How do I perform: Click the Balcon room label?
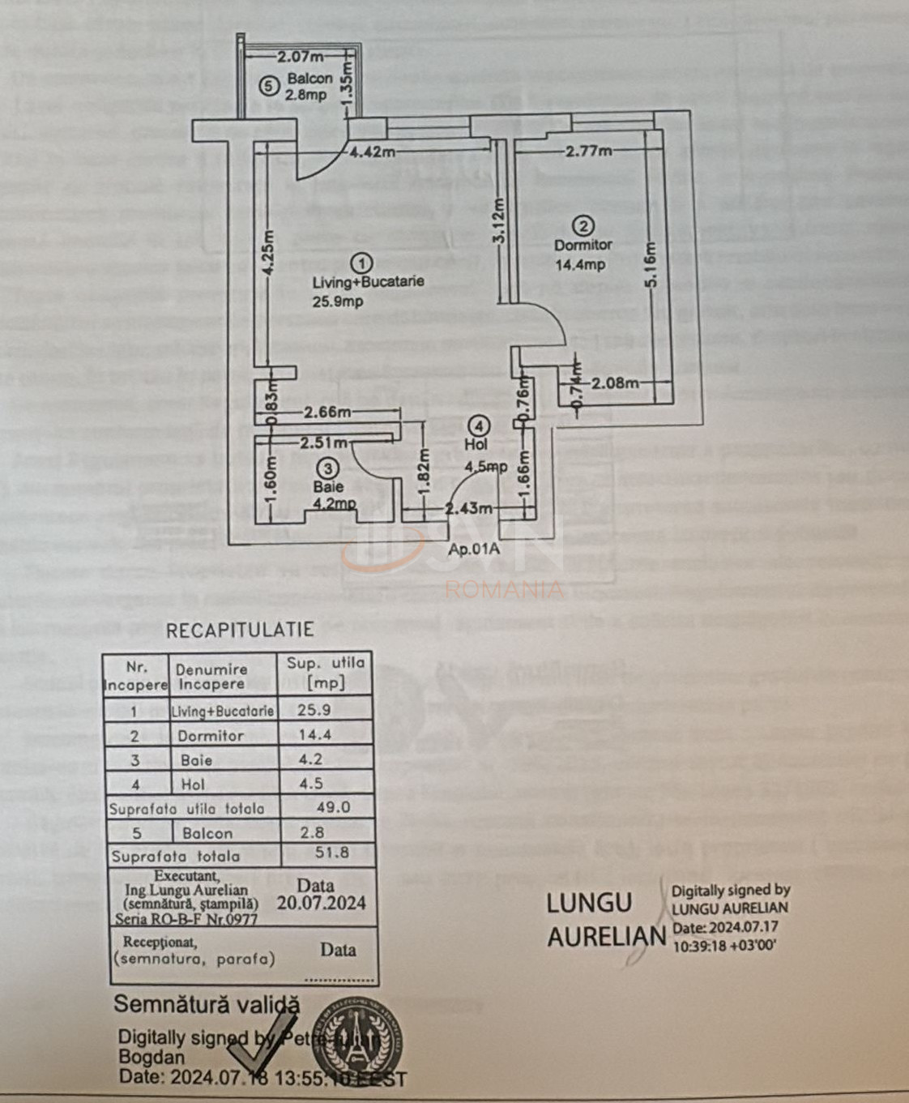point(309,79)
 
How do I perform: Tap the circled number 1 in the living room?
point(362,263)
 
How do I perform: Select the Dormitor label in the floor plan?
point(583,245)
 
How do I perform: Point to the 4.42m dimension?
point(373,152)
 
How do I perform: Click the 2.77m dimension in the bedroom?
point(589,151)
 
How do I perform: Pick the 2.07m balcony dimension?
point(300,57)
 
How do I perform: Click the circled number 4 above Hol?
point(480,425)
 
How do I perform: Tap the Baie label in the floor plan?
point(328,486)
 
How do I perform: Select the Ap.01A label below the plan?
point(474,549)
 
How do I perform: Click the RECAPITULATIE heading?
point(240,630)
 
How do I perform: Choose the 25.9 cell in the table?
point(314,710)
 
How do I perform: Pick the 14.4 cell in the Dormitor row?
point(315,735)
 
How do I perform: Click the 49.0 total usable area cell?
point(333,807)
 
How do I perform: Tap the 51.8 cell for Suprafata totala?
point(332,853)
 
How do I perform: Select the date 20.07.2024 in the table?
point(321,903)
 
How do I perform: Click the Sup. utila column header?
point(326,672)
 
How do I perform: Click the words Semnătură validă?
point(207,1004)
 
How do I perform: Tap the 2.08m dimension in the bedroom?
point(615,383)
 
